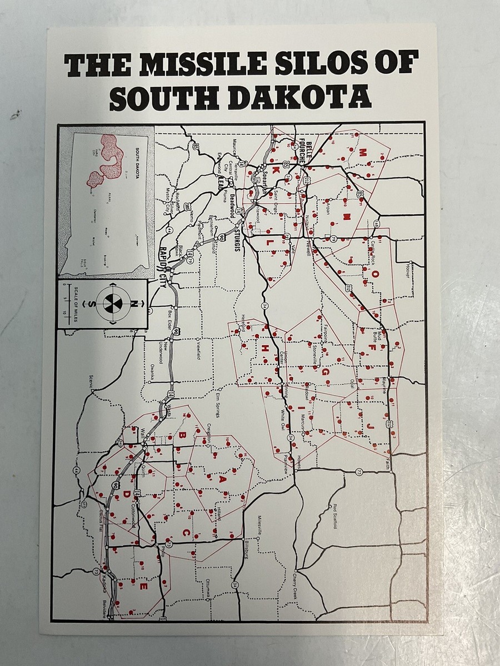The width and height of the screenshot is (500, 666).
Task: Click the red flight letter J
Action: coord(370,425)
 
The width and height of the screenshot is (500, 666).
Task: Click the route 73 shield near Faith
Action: coord(359,472)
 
